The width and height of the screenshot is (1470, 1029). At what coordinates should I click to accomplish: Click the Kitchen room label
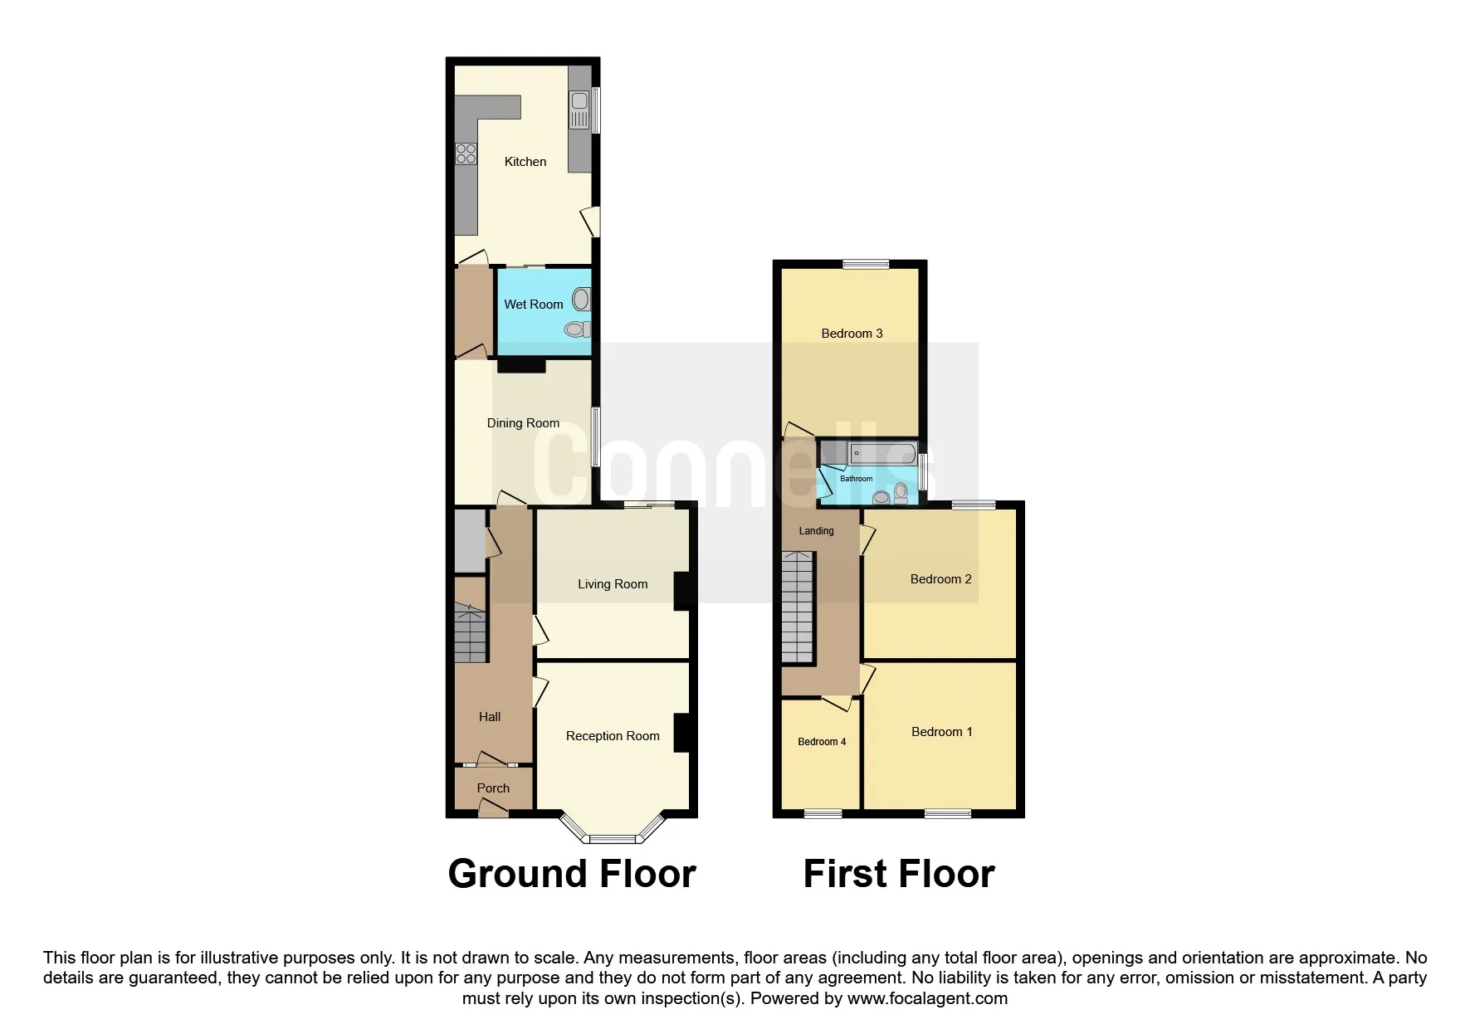tap(525, 162)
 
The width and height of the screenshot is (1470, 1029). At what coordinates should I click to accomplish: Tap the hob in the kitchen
tap(466, 154)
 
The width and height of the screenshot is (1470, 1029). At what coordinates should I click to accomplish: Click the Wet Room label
tap(533, 305)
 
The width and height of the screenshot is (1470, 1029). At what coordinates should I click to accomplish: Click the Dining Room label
tap(523, 423)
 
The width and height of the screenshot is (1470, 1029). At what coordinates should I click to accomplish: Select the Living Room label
tap(613, 584)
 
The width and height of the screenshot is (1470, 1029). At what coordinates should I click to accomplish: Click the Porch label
tap(493, 788)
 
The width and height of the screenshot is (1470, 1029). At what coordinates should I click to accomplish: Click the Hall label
tap(490, 717)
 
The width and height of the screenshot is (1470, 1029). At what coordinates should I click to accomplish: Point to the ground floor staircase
tap(470, 633)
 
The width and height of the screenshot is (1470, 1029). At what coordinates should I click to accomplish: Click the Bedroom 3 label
tap(852, 334)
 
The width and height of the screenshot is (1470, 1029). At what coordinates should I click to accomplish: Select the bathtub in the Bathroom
tap(882, 454)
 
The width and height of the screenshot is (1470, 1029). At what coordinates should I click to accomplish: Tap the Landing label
tap(816, 531)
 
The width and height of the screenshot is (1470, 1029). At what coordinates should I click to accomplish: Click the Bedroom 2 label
tap(940, 579)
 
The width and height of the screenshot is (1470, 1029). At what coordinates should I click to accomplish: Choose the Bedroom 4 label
tap(822, 742)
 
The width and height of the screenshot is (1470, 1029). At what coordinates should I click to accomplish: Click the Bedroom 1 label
tap(941, 732)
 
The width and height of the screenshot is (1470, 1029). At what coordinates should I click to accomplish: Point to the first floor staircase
tap(797, 607)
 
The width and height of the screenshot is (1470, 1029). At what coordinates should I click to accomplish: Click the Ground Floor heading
tap(571, 874)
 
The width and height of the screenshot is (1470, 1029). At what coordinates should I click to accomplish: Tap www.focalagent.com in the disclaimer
tap(927, 998)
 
